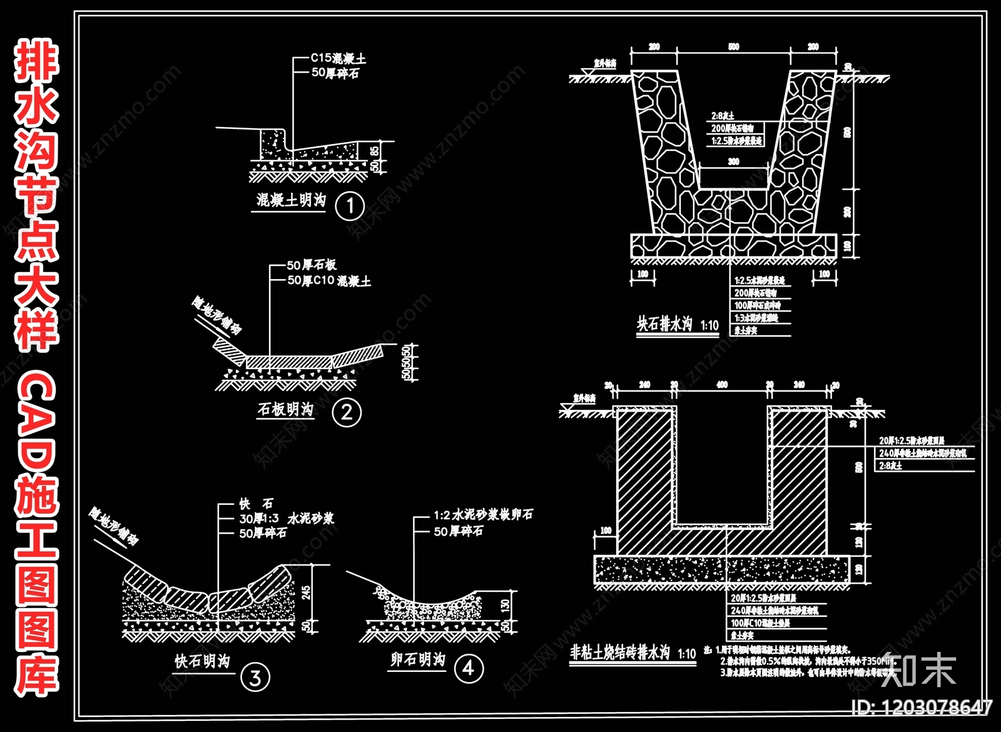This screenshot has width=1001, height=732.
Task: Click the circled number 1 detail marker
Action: [x=350, y=206]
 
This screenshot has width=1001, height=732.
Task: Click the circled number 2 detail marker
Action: [x=347, y=412]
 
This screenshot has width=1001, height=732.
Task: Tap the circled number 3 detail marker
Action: [x=255, y=678]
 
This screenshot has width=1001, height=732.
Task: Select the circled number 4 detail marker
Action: [x=469, y=668]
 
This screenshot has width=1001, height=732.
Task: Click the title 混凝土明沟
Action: [x=291, y=200]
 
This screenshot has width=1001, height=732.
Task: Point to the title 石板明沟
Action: [x=285, y=409]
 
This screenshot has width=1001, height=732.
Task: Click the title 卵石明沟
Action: [x=418, y=659]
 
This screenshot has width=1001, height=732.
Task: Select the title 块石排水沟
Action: [x=665, y=324]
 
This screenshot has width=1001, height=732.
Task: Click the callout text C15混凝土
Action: [x=338, y=58]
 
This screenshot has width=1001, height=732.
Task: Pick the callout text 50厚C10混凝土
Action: [x=329, y=281]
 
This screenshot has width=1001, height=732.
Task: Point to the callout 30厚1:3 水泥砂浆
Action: [x=287, y=519]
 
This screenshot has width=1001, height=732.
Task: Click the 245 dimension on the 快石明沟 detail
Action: [x=306, y=592]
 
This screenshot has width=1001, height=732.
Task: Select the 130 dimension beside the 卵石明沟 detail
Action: [x=506, y=604]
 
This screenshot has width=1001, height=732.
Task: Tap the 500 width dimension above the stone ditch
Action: [x=734, y=46]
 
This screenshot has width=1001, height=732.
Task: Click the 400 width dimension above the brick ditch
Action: [x=722, y=385]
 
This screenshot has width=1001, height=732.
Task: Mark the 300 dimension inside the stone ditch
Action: [x=733, y=161]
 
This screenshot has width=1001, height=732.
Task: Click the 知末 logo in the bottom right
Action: [x=918, y=669]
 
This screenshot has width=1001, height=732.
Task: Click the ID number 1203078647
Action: [x=923, y=707]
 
